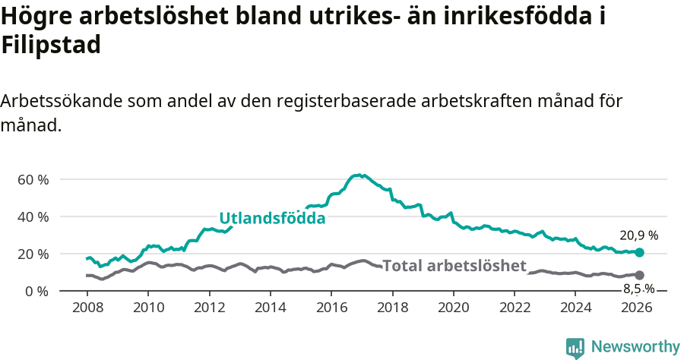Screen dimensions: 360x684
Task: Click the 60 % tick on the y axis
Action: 33,180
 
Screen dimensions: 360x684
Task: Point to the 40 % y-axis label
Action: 33,217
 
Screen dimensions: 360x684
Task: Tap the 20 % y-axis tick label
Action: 33,254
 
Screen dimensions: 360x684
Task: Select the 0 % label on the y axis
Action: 37,291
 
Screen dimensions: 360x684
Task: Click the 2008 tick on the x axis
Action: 87,308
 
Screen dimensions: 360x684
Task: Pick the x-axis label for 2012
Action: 209,308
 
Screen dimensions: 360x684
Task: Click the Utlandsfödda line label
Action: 272,219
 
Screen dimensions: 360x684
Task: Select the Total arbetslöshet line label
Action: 454,266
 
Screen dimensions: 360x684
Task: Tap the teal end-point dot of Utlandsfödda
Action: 639,252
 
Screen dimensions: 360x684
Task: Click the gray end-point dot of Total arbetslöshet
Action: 639,275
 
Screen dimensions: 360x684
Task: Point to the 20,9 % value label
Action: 638,235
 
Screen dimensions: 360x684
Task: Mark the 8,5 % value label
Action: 638,289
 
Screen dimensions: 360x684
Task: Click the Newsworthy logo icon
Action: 575,347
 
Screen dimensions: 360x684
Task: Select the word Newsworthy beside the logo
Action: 635,347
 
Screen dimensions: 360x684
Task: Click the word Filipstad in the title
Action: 51,46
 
